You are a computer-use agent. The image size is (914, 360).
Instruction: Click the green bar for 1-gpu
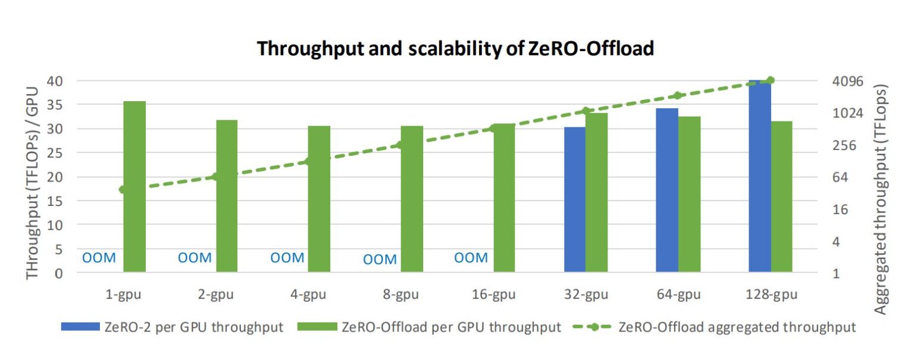[x=134, y=187]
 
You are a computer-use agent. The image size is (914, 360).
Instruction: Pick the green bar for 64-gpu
[x=689, y=195]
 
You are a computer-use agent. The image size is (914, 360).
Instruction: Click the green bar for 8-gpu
[x=412, y=199]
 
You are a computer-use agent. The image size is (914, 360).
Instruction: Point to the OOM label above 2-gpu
[x=195, y=258]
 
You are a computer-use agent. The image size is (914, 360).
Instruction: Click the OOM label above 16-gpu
[x=471, y=258]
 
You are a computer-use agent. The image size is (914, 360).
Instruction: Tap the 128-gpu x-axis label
[x=771, y=295]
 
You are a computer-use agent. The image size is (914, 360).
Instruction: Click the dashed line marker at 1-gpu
[x=123, y=190]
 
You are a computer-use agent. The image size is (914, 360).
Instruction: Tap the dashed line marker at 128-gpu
[x=771, y=80]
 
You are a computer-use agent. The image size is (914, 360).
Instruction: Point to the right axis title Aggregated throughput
[x=881, y=199]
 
